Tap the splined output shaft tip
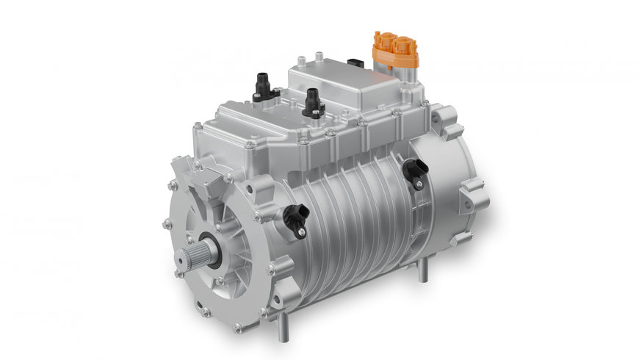pyautogui.click(x=185, y=256)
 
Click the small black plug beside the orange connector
pyautogui.click(x=357, y=64)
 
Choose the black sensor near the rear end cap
pyautogui.click(x=416, y=171)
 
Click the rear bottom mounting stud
pyautogui.click(x=421, y=269)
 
